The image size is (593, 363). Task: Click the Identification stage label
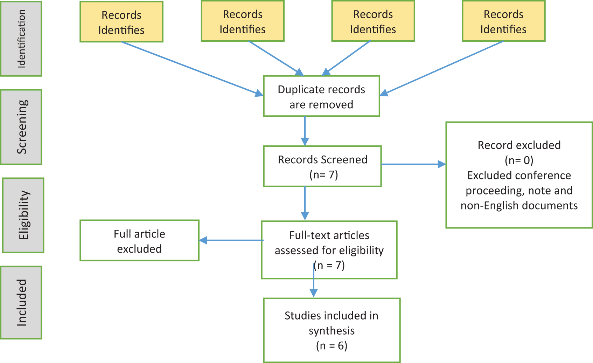pyautogui.click(x=21, y=39)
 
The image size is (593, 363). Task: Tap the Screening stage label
pyautogui.click(x=21, y=127)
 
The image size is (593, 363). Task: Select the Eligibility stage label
pyautogui.click(x=23, y=215)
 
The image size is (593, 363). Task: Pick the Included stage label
pyautogui.click(x=21, y=302)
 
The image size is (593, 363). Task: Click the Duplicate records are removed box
pyautogui.click(x=321, y=96)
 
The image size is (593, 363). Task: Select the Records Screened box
pyautogui.click(x=322, y=166)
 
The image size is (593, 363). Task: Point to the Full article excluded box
pyautogui.click(x=139, y=241)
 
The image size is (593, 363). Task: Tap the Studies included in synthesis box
pyautogui.click(x=332, y=330)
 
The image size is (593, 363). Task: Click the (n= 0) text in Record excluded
pyautogui.click(x=519, y=160)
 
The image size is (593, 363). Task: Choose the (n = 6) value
pyautogui.click(x=332, y=346)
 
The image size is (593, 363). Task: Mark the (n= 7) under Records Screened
pyautogui.click(x=323, y=174)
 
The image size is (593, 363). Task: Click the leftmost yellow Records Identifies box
pyautogui.click(x=121, y=22)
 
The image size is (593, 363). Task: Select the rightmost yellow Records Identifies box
pyautogui.click(x=503, y=21)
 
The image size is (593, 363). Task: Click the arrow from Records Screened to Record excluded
pyautogui.click(x=413, y=164)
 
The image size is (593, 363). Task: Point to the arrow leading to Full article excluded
pyautogui.click(x=231, y=240)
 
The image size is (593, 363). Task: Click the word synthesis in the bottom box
pyautogui.click(x=332, y=331)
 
